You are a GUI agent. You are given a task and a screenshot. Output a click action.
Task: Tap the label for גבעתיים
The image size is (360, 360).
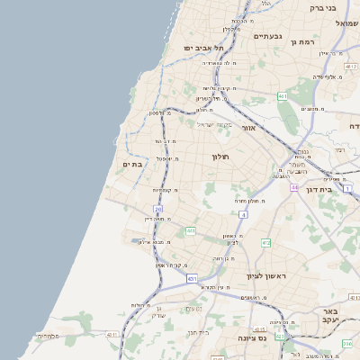tap(268, 36)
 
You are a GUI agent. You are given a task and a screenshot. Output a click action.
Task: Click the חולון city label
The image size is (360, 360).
tap(221, 157)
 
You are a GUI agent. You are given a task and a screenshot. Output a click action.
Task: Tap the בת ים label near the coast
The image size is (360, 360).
tap(131, 165)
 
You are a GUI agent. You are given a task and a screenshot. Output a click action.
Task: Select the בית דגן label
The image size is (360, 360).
tap(338, 190)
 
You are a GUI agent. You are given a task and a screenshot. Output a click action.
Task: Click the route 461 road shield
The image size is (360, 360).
tap(283, 95)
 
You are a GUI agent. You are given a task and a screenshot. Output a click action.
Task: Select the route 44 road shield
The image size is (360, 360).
tap(294, 187)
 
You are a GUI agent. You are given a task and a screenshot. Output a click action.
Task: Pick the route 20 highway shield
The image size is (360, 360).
tap(157, 209)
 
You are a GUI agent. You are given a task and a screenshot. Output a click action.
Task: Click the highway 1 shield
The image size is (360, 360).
tap(347, 188)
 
